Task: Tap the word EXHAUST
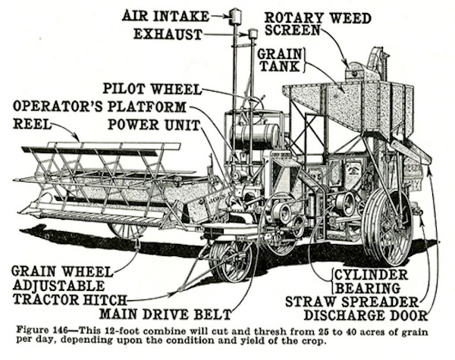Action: pyautogui.click(x=168, y=34)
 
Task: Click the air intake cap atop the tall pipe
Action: pyautogui.click(x=234, y=15)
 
